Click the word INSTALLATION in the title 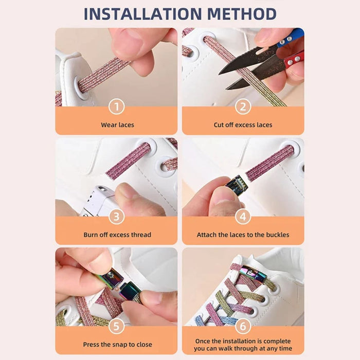point(142,14)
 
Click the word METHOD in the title point(242,14)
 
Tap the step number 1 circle point(117,106)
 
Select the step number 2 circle point(243,106)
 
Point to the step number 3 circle point(117,217)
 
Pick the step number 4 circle point(243,217)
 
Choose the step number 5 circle point(117,326)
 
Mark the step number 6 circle point(243,326)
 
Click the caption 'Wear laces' point(117,125)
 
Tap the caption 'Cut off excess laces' point(243,125)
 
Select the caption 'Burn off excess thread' point(117,235)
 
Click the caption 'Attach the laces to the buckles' point(243,235)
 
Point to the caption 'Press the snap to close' point(117,345)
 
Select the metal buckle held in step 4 point(237,185)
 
